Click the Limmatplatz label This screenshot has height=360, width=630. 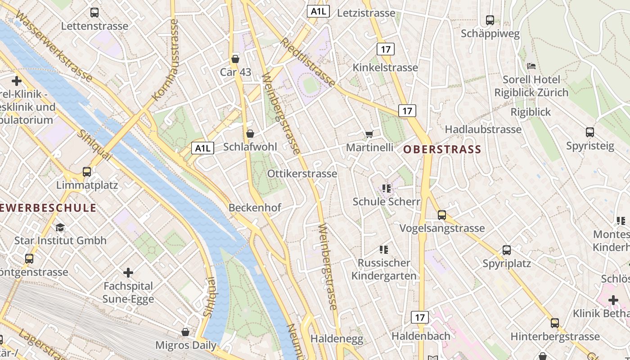87,185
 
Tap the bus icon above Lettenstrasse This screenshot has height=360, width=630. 94,13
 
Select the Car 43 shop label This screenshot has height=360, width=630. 235,72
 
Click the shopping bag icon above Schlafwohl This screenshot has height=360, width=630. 250,134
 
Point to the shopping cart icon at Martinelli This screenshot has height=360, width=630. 369,134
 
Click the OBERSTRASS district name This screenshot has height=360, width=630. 442,149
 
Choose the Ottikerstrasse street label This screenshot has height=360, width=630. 302,174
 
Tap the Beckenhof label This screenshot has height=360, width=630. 255,207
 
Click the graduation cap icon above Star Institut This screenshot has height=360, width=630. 60,227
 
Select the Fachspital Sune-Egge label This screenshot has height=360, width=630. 128,292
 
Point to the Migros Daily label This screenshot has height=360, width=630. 186,345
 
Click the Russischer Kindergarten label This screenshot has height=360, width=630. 384,269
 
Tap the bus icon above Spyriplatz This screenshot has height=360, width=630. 507,250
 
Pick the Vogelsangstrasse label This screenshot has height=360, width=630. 442,228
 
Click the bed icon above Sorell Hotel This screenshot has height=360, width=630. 531,66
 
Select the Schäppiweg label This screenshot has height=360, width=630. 490,34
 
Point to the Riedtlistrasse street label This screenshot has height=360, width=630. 308,63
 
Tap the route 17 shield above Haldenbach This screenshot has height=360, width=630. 420,317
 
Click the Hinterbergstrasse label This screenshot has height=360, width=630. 555,336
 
